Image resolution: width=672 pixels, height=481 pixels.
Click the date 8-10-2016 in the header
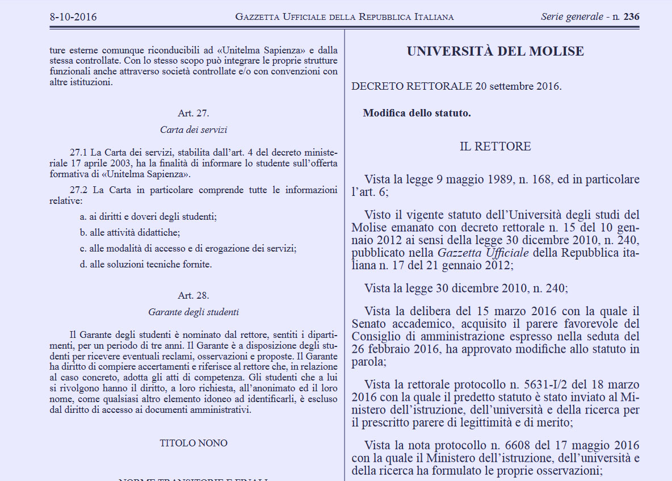pos(73,17)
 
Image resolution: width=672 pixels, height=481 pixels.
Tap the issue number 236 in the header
pos(631,17)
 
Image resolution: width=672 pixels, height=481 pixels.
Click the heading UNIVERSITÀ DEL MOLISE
pos(495,52)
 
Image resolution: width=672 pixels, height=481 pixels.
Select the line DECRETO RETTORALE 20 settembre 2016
pos(456,86)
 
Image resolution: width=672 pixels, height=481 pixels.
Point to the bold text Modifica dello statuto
pos(417,113)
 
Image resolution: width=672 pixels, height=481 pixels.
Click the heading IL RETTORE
pos(495,147)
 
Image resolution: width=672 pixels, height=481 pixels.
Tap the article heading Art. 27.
pos(194,113)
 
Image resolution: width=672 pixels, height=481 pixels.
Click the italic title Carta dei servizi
pos(194,130)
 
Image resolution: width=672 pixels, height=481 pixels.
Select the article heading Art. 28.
pos(194,295)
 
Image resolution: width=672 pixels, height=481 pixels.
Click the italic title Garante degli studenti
pos(194,312)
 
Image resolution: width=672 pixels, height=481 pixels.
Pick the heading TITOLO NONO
pos(194,443)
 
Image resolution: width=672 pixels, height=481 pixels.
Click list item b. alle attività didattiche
pos(131,232)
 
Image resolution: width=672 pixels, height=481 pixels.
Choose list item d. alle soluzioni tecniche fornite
pos(146,264)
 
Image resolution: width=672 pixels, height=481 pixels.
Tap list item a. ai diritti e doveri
pos(148,216)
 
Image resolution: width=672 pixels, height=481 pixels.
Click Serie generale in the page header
pos(572,17)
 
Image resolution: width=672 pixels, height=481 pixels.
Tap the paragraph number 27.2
pos(79,190)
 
